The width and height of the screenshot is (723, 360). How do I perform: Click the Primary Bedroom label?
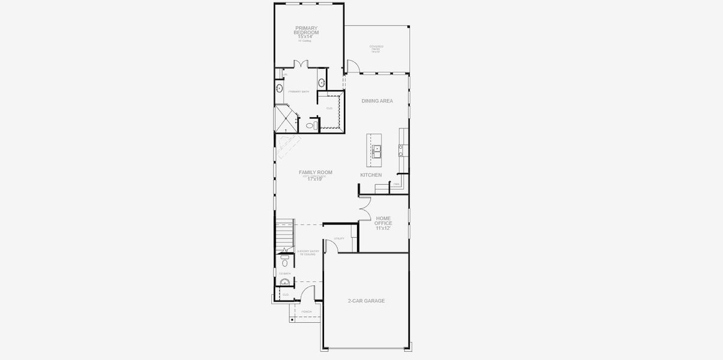click(306, 32)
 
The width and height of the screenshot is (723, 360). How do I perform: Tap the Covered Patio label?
click(376, 49)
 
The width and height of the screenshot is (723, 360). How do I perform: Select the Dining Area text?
click(377, 101)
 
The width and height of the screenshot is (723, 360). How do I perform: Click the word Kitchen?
click(371, 175)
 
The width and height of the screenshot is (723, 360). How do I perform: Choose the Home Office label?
click(383, 223)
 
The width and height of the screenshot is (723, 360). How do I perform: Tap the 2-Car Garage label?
click(366, 301)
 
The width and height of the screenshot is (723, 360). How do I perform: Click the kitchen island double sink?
click(376, 151)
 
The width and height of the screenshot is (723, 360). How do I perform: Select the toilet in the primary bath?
click(311, 125)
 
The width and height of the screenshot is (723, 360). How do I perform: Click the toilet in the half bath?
click(285, 262)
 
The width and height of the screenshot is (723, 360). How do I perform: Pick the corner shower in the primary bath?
click(286, 118)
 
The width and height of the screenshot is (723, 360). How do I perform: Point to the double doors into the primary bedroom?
click(300, 64)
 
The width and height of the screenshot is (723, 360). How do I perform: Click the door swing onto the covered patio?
click(352, 66)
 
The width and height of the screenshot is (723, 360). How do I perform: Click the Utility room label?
click(339, 239)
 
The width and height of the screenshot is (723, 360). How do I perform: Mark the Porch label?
click(307, 312)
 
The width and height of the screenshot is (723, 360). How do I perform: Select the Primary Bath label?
click(298, 92)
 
